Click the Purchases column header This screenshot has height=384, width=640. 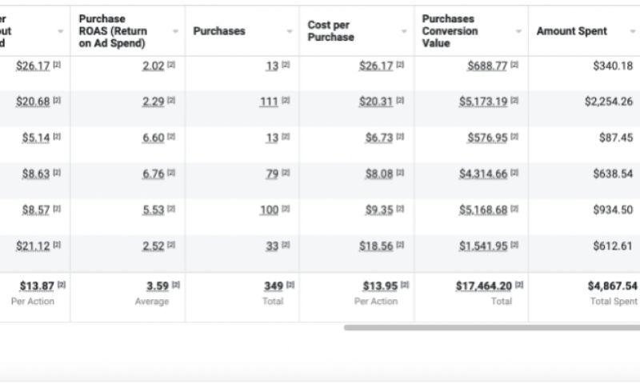pos(219,31)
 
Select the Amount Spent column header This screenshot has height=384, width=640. pos(571,31)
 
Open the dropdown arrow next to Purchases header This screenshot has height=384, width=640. pos(290,32)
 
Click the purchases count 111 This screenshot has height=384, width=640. pos(269,102)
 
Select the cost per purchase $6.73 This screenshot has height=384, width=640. pos(379,138)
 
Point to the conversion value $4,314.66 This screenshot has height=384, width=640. pos(482,174)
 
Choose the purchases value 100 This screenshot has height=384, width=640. pos(269,210)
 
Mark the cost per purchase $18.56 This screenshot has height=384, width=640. pos(376,246)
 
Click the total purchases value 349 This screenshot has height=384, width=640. pos(274,286)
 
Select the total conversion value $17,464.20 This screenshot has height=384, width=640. pos(483,286)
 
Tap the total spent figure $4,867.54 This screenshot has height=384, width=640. pos(612,286)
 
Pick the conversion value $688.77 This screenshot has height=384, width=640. pos(487,66)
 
